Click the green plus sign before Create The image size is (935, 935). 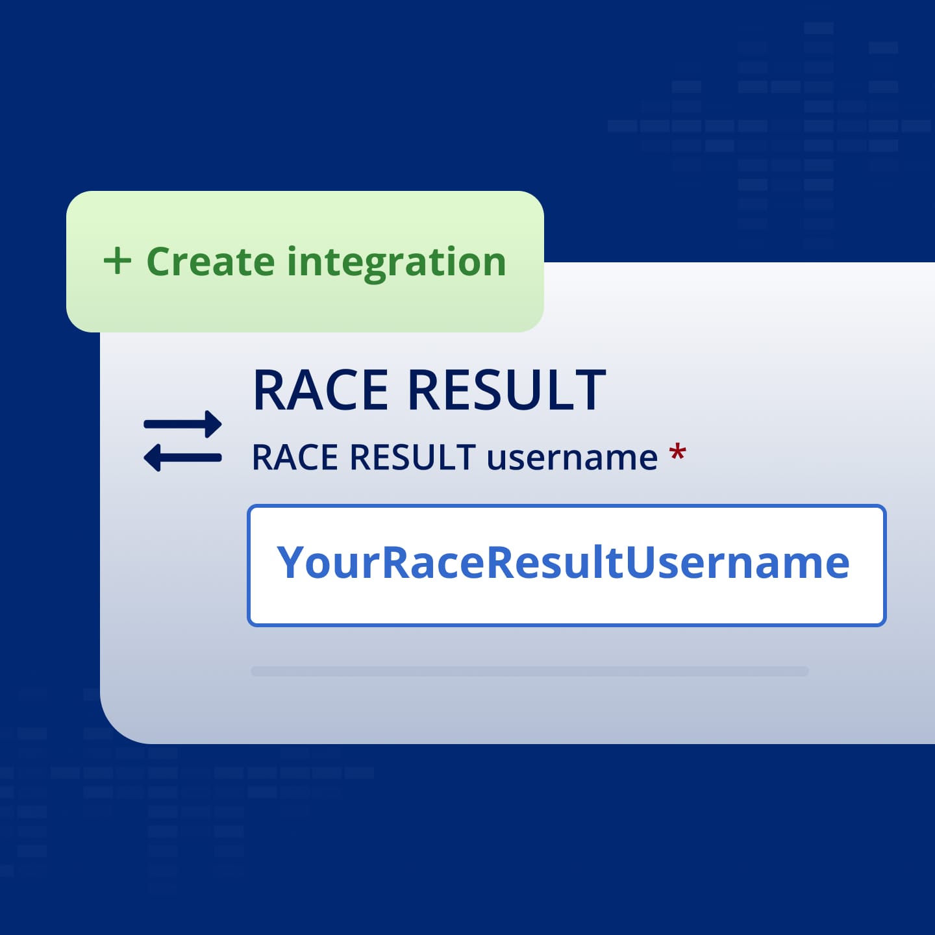[118, 261]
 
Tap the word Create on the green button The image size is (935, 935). [210, 262]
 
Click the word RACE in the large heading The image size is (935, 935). [321, 390]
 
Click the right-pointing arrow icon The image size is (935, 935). [183, 424]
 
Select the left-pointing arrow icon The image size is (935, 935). [183, 458]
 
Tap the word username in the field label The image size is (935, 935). [572, 458]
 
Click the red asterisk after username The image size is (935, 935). [677, 453]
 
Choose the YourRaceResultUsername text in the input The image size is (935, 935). [563, 563]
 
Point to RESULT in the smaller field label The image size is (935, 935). [412, 457]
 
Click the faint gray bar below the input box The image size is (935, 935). [529, 671]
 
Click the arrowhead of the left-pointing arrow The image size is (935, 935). [153, 458]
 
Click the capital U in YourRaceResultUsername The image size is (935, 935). [640, 562]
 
